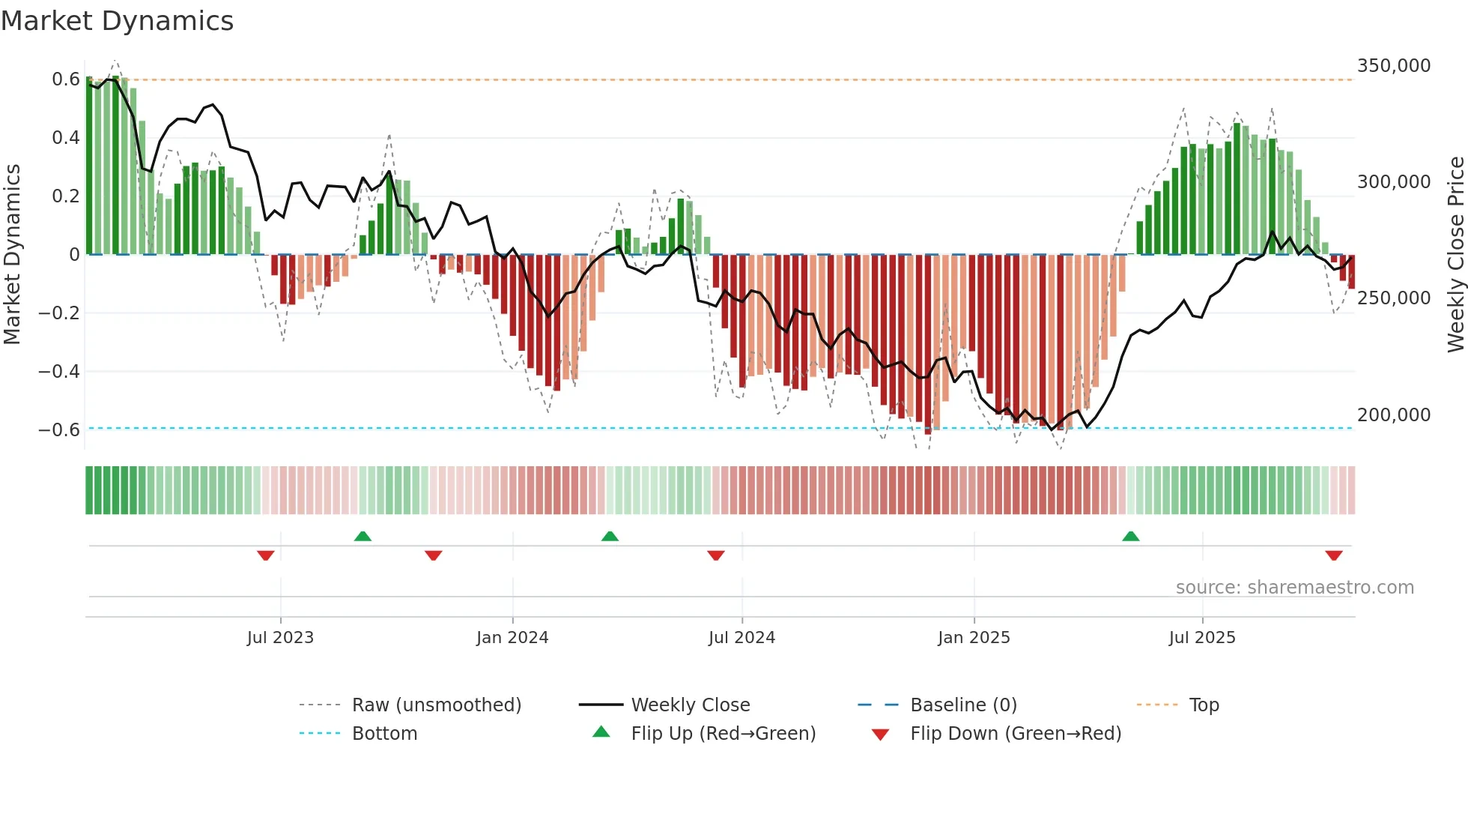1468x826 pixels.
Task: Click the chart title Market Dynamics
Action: coord(117,21)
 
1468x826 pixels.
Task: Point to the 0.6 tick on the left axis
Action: coord(66,79)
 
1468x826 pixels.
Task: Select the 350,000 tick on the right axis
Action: coord(1393,66)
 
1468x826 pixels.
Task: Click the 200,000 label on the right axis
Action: coord(1393,415)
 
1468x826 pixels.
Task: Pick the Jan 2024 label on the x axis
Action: coord(512,638)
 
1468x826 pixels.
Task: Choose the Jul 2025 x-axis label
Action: coord(1201,638)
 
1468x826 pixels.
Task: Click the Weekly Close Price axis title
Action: coord(1455,254)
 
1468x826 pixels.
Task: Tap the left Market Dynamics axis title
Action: coord(13,254)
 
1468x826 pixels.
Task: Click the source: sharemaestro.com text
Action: coord(1294,588)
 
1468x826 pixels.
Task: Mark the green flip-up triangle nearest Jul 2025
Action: coord(1130,537)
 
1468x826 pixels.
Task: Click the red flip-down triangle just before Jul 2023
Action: coord(265,555)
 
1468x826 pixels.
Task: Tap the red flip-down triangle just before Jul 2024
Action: coord(715,555)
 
